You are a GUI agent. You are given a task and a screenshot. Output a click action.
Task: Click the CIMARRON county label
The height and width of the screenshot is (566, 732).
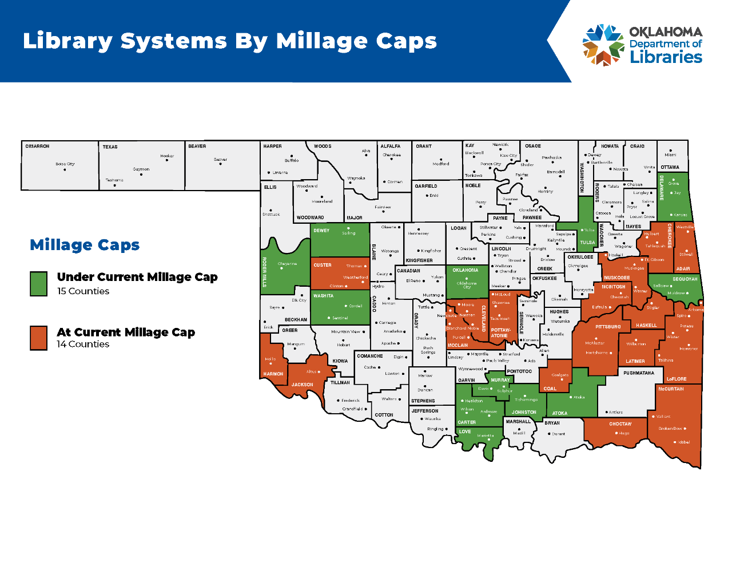coord(37,147)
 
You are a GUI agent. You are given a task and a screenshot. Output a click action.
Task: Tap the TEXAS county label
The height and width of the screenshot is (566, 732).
coord(110,147)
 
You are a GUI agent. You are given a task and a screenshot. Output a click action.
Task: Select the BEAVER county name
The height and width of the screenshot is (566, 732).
coord(197,147)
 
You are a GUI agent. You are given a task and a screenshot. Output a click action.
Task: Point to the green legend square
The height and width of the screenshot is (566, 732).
coord(38,284)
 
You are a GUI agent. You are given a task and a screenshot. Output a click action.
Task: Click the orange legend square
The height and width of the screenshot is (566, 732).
coord(38,338)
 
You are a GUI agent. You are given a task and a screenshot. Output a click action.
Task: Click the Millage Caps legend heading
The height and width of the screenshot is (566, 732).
coord(85,245)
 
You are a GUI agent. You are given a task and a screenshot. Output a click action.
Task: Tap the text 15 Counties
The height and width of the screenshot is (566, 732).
coord(83,291)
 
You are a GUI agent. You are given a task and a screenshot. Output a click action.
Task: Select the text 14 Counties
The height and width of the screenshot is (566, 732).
coord(83,345)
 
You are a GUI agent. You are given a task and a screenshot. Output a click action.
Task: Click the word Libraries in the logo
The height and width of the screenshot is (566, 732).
coord(666,57)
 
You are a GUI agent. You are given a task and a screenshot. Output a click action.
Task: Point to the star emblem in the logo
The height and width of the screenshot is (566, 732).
coord(603,45)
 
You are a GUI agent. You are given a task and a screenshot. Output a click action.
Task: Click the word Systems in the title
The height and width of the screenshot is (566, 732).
coord(174,41)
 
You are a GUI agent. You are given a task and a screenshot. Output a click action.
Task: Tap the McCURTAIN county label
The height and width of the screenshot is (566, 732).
coord(671,389)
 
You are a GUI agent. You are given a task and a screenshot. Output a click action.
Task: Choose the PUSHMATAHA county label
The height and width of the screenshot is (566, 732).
coord(639,373)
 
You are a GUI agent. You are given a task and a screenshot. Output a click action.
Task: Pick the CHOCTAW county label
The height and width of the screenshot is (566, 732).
coord(620,424)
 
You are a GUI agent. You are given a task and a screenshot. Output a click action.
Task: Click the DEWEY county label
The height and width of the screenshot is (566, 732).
coord(321,231)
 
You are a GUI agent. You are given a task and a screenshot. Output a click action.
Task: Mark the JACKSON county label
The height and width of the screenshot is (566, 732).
coord(302,385)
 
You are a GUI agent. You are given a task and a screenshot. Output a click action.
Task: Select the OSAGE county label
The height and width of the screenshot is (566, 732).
coord(533,147)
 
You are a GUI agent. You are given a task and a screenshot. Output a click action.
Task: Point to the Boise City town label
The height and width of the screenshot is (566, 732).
coord(65,164)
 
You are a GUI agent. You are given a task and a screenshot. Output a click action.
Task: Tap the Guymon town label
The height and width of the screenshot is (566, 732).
coord(141,169)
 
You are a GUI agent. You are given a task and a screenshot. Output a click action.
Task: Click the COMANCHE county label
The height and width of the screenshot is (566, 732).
coord(370,356)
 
